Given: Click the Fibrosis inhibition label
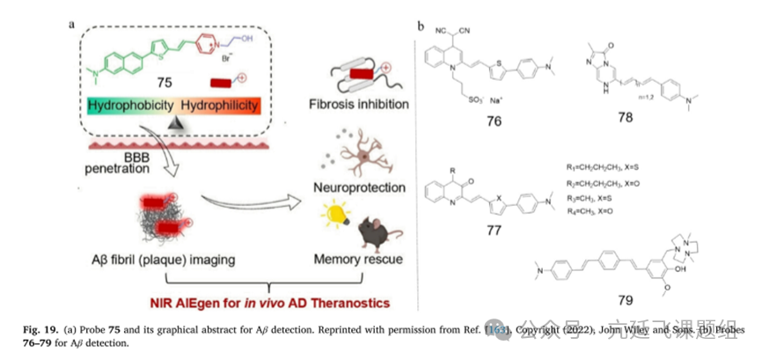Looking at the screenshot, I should click(366, 104).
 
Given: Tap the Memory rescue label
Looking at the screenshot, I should click(356, 261).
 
